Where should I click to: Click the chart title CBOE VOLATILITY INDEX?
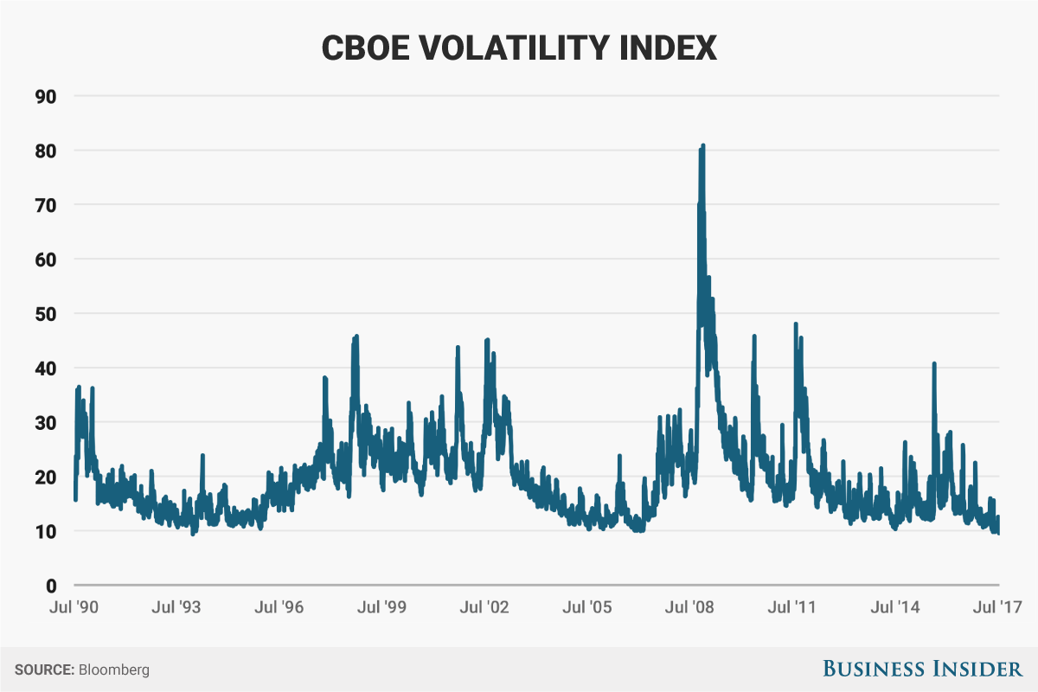(x=519, y=48)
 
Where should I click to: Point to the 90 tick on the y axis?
(x=45, y=96)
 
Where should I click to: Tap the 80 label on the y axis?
(x=45, y=151)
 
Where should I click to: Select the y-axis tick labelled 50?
(x=45, y=314)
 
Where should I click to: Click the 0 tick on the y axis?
(x=51, y=586)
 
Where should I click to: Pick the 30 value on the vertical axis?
(x=45, y=423)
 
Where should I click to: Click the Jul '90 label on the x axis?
(x=74, y=607)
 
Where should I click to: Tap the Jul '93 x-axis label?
(x=176, y=607)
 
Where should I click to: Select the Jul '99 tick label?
(x=382, y=607)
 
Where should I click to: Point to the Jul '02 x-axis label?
(x=485, y=607)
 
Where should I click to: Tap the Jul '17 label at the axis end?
(x=998, y=607)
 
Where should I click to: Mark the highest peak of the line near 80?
(x=703, y=145)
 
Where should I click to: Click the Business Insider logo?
(x=922, y=669)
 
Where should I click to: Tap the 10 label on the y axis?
(x=45, y=531)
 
